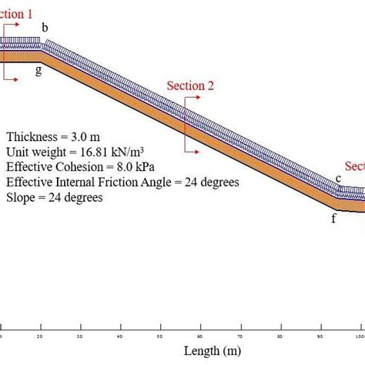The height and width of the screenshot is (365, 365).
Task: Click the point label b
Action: click(x=45, y=28)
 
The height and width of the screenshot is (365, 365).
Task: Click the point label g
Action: click(x=39, y=70)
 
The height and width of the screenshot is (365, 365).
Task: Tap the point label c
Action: click(x=337, y=179)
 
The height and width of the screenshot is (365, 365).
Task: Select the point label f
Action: click(x=333, y=218)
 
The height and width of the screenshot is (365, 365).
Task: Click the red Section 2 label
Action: click(x=190, y=85)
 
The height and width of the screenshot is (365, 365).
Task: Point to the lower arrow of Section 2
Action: click(x=193, y=152)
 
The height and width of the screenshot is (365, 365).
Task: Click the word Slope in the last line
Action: click(x=21, y=197)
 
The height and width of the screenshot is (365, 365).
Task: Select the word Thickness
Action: click(x=32, y=137)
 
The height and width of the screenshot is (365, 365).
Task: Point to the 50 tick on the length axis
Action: click(x=160, y=336)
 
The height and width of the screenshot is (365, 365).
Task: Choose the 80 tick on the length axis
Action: click(x=280, y=336)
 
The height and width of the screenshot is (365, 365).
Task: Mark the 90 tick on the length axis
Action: click(x=320, y=336)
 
